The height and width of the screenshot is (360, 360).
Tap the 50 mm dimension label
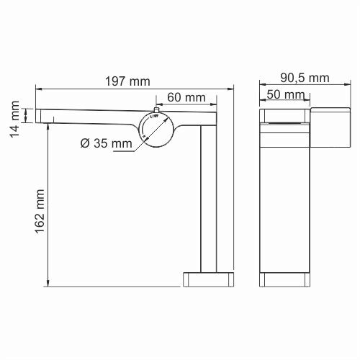284,94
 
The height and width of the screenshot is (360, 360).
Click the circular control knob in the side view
157,128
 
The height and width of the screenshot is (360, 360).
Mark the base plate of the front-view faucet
287,279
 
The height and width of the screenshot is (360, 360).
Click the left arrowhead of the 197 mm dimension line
37,89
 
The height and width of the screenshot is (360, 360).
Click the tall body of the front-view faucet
286,202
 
